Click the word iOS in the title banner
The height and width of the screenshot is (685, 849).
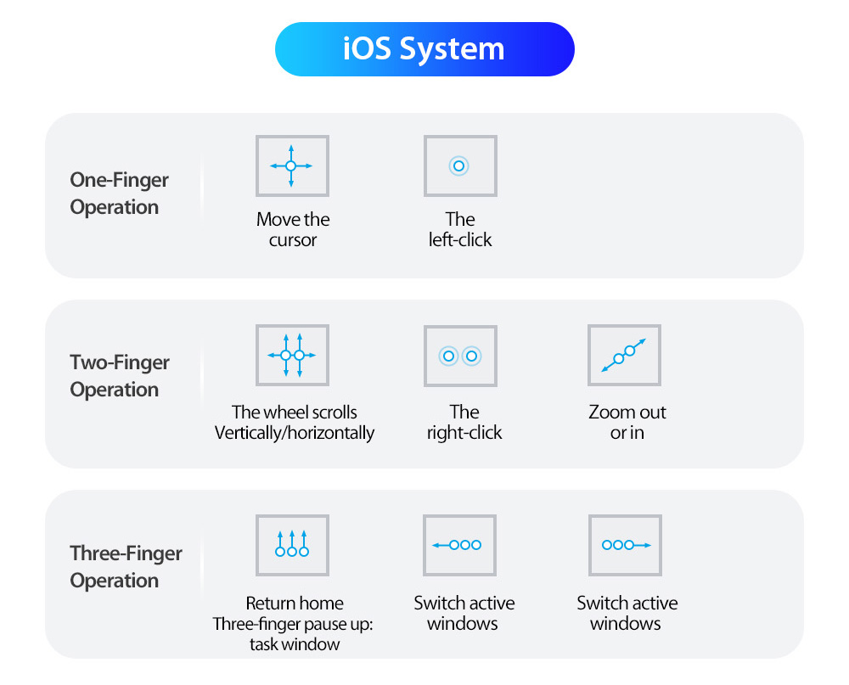pyautogui.click(x=367, y=48)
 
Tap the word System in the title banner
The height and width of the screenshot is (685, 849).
pyautogui.click(x=453, y=50)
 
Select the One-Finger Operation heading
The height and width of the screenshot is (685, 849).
pyautogui.click(x=119, y=194)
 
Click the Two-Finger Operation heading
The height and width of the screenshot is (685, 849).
pyautogui.click(x=120, y=376)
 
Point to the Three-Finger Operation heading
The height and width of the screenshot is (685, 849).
pyautogui.click(x=126, y=566)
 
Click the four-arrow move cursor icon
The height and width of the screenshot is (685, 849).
pyautogui.click(x=292, y=166)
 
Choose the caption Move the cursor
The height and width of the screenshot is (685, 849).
pyautogui.click(x=293, y=229)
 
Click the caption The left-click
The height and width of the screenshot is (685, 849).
pyautogui.click(x=460, y=229)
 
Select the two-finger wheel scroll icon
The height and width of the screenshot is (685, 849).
pyautogui.click(x=292, y=355)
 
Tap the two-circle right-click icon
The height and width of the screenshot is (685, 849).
pyautogui.click(x=460, y=356)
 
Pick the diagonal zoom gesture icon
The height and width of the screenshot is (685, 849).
pyautogui.click(x=624, y=355)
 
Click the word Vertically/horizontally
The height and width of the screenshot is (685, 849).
pyautogui.click(x=295, y=433)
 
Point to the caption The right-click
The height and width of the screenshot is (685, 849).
pyautogui.click(x=464, y=423)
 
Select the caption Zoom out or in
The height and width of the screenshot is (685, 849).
pyautogui.click(x=627, y=423)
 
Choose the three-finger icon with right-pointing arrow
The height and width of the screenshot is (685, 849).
pyautogui.click(x=626, y=545)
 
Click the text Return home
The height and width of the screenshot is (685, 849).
pyautogui.click(x=295, y=604)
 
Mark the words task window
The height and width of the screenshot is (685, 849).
pyautogui.click(x=295, y=644)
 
